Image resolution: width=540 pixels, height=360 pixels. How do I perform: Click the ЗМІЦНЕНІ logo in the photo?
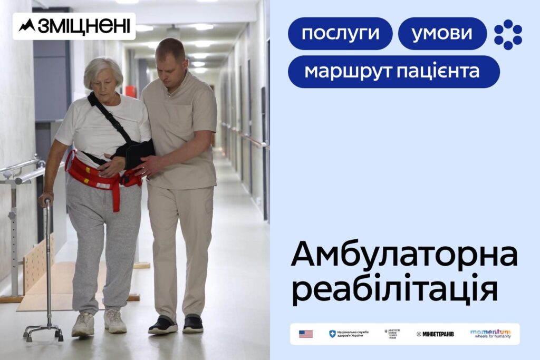(74, 26)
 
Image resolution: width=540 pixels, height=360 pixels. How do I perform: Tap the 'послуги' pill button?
(340, 34)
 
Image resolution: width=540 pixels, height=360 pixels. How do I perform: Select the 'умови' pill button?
(442, 34)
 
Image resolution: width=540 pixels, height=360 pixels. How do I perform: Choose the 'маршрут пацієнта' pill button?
(393, 72)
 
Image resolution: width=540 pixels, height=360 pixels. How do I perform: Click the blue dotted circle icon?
(508, 34)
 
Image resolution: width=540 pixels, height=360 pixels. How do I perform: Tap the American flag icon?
(306, 334)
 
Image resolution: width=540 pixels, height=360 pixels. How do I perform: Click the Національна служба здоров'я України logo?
(349, 334)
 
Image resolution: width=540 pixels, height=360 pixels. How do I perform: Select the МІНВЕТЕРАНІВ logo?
(435, 334)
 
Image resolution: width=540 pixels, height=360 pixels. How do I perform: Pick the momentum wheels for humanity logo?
(490, 334)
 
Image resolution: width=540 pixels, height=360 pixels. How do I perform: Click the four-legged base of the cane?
(43, 332)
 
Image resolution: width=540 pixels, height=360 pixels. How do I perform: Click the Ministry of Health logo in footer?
(392, 334)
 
